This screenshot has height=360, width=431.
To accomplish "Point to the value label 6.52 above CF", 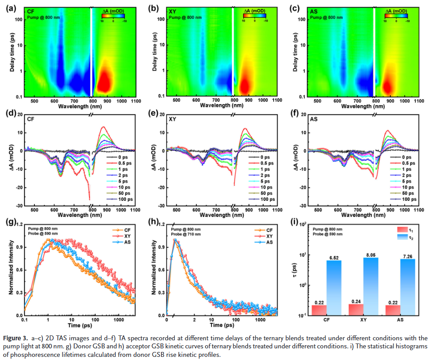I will pos(334,257).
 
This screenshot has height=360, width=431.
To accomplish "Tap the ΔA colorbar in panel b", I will pos(254,15).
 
